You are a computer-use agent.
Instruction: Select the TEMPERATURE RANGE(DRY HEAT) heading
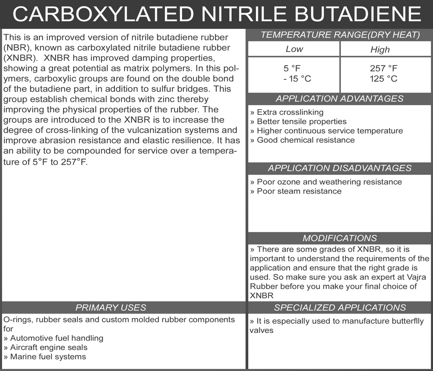click(340, 35)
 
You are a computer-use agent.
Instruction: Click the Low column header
click(294, 49)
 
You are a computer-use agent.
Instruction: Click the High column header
click(380, 50)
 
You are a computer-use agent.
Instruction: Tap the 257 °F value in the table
click(384, 68)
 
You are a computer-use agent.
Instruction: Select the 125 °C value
click(384, 79)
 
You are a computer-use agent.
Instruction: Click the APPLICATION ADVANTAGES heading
click(340, 99)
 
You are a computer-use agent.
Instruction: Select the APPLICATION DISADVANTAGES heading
click(340, 168)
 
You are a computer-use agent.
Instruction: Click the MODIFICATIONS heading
click(340, 238)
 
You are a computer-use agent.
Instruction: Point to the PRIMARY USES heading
click(111, 308)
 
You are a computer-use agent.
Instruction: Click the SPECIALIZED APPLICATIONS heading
click(340, 308)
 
